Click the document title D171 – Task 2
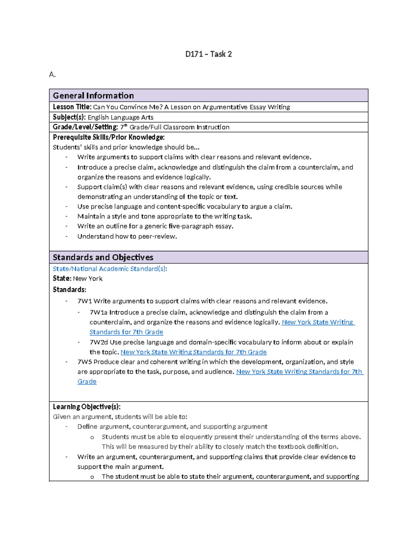coord(208,54)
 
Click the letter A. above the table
coord(52,75)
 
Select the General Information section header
coord(93,95)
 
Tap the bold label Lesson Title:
coord(72,107)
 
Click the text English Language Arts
coord(120,117)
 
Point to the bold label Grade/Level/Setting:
coord(85,127)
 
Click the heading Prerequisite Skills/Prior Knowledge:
coord(108,137)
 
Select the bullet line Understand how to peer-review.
coord(127,236)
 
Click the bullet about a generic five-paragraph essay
coord(155,226)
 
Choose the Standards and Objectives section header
coord(103,257)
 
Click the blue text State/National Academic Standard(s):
coord(110,269)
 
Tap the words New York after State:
coord(88,278)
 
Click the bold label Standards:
coord(69,289)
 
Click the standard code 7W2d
coord(99,342)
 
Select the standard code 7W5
coord(84,362)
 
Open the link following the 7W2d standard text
coord(193,352)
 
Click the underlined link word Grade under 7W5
coord(87,381)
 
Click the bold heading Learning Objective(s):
coord(87,406)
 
